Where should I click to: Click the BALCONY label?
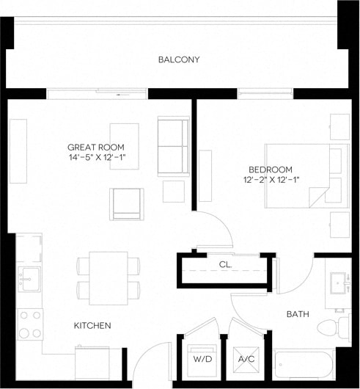(179, 59)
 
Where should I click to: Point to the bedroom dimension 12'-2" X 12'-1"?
(271, 179)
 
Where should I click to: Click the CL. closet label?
(226, 265)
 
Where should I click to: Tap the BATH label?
(297, 314)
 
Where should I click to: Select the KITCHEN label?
(92, 325)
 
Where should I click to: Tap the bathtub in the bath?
(311, 366)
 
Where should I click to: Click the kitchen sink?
(29, 277)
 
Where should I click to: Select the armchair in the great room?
(127, 203)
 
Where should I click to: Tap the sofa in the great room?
(173, 146)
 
